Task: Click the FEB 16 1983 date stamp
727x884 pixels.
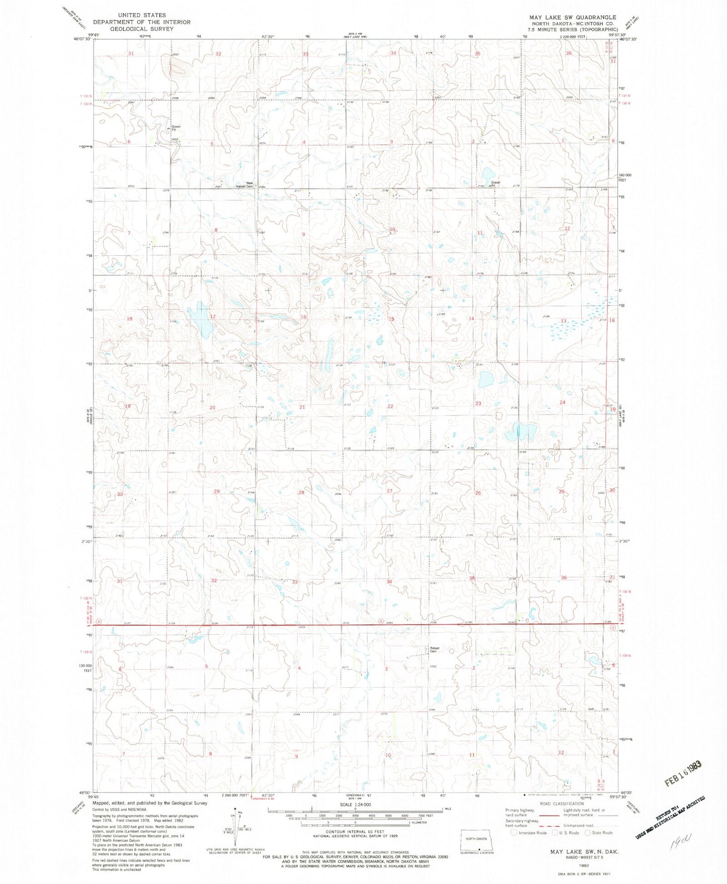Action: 683,768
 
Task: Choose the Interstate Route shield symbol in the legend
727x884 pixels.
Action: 514,833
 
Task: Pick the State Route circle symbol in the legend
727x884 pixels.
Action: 589,833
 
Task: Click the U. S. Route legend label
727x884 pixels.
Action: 569,833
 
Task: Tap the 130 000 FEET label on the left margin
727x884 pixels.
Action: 88,668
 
